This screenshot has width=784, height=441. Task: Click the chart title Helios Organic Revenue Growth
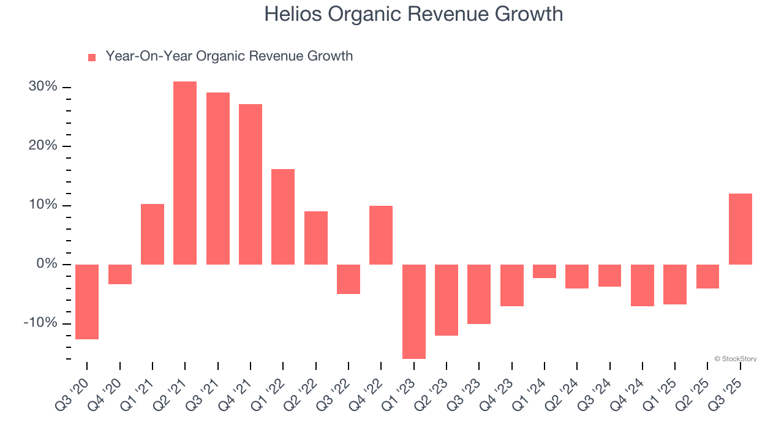point(413,13)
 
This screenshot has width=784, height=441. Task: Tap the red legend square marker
point(92,58)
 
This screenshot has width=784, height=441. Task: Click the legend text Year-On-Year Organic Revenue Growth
point(229,56)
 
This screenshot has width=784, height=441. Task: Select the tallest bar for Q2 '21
point(185,173)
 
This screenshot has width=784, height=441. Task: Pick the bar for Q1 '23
point(414,311)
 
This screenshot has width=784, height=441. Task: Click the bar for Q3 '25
point(741,229)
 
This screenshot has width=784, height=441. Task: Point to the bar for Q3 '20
point(87,301)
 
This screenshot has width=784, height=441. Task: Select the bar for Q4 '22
point(381,235)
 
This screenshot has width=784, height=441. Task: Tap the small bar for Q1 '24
point(545,271)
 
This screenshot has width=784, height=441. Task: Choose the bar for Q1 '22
point(283,217)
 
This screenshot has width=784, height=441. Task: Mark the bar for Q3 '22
point(349,279)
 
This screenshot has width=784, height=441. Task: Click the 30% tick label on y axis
point(43,87)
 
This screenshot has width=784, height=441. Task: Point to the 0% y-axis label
point(47,264)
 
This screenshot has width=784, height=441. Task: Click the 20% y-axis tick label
point(43,146)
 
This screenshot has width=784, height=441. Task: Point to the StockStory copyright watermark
point(735,359)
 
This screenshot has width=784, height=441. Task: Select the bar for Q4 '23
point(512,285)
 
